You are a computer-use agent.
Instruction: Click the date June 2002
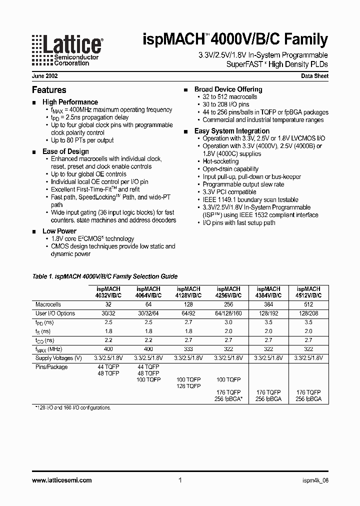(44, 76)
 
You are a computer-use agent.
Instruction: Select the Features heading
(49, 90)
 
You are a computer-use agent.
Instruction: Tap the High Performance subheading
(70, 102)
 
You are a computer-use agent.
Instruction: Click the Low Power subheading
(59, 231)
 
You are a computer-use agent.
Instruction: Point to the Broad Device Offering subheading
(228, 89)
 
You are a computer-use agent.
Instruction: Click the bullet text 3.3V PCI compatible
(229, 192)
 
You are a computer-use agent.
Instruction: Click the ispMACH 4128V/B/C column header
(188, 292)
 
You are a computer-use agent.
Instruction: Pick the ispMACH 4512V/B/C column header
(308, 292)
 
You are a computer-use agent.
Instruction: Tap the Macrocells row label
(48, 304)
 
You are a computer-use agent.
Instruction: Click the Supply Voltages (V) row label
(58, 358)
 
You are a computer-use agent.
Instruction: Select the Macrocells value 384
(268, 304)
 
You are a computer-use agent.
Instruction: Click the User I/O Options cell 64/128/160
(228, 313)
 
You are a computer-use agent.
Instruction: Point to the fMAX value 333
(188, 349)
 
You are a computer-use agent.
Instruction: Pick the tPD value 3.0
(228, 322)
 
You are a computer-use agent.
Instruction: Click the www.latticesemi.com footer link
(61, 480)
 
